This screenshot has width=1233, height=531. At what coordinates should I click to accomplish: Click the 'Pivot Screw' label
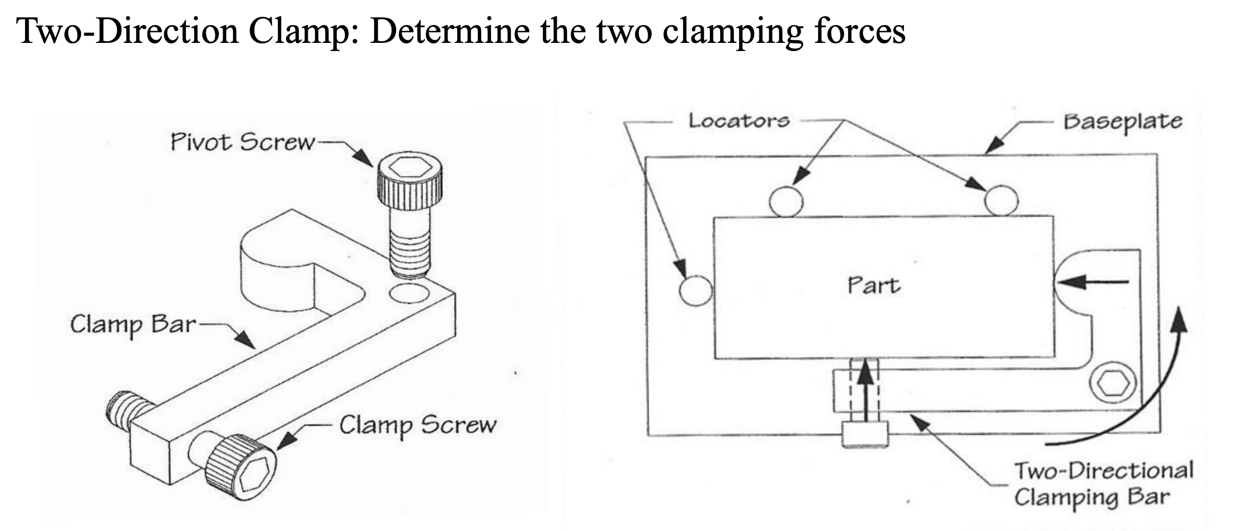[242, 142]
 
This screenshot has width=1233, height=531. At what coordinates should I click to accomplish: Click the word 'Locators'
[738, 121]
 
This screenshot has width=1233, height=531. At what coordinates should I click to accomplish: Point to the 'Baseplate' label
[1122, 122]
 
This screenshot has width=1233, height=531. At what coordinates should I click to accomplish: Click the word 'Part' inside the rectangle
[873, 285]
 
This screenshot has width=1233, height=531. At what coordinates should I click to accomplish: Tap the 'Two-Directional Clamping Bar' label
[1102, 484]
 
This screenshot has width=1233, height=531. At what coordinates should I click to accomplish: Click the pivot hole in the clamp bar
[409, 294]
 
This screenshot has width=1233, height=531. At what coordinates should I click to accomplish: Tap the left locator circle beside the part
[695, 291]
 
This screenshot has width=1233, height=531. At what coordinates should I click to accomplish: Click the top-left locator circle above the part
[785, 201]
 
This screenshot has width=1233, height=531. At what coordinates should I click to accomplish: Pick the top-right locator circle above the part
[1001, 200]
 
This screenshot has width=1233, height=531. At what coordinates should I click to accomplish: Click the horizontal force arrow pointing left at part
[1092, 281]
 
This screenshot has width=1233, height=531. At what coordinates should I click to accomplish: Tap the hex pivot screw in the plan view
[1113, 383]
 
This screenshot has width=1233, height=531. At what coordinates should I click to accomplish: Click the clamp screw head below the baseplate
[865, 434]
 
